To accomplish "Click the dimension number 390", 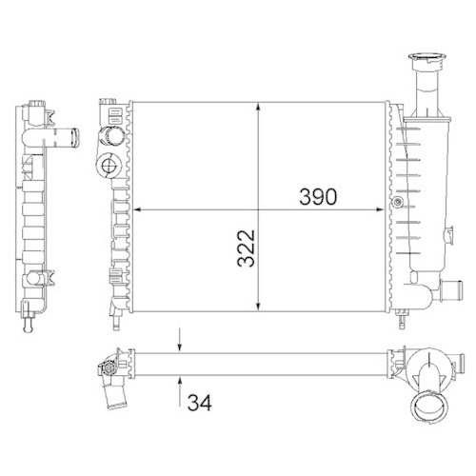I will pyautogui.click(x=316, y=197).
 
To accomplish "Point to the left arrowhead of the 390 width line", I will pyautogui.click(x=133, y=209).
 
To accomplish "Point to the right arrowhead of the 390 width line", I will pyautogui.click(x=386, y=209).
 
